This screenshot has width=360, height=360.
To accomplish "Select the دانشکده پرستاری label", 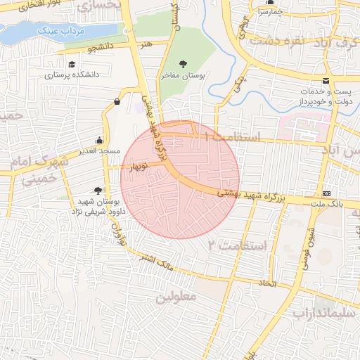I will click(x=72, y=74).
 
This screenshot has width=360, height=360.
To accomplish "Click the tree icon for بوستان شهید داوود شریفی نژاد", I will click(x=98, y=190).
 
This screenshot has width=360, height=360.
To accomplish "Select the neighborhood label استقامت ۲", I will click(x=238, y=245).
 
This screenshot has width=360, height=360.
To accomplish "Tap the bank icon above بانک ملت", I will click(x=326, y=193).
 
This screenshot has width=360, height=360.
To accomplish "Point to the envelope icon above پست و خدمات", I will click(x=326, y=80).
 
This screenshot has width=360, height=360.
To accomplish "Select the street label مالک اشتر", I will click(x=156, y=264).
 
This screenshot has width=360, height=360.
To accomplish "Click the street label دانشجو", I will click(x=101, y=48).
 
